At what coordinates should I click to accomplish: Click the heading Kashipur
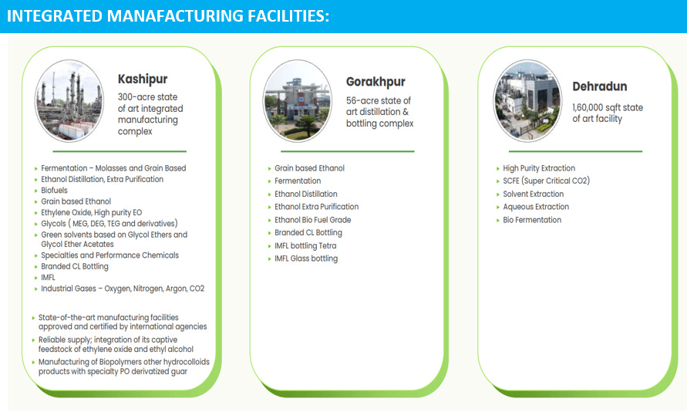[142, 79]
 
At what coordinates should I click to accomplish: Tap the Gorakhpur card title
[375, 82]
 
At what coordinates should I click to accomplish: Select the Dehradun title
[599, 86]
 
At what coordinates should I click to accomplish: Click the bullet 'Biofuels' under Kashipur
[55, 190]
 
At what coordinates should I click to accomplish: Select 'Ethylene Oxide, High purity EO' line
[91, 212]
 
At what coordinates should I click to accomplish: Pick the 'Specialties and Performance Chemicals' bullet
[109, 255]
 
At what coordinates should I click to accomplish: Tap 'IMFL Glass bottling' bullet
[306, 258]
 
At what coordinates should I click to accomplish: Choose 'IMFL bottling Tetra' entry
[305, 246]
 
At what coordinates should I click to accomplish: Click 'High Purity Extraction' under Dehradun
[539, 168]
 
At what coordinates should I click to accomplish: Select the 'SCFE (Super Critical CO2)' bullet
[546, 181]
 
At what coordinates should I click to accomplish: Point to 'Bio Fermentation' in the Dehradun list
[532, 220]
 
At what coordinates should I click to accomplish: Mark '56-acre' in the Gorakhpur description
[362, 101]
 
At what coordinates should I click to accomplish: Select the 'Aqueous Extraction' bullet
[536, 207]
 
